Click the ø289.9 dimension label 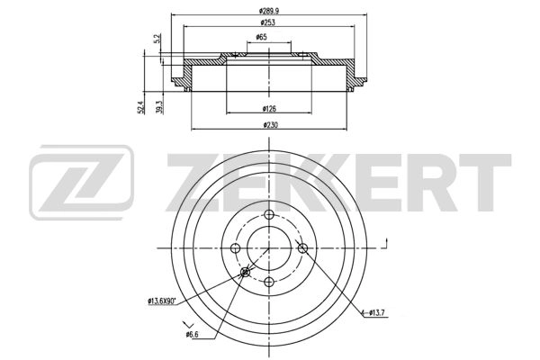[x=269, y=11]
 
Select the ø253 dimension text [x=267, y=22]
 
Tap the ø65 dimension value [x=261, y=37]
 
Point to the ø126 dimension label [x=269, y=109]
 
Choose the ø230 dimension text [x=270, y=125]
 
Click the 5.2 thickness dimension [x=157, y=39]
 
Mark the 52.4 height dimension [x=140, y=107]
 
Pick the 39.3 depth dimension [x=158, y=107]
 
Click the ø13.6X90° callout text [x=162, y=301]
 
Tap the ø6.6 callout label [x=192, y=334]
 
